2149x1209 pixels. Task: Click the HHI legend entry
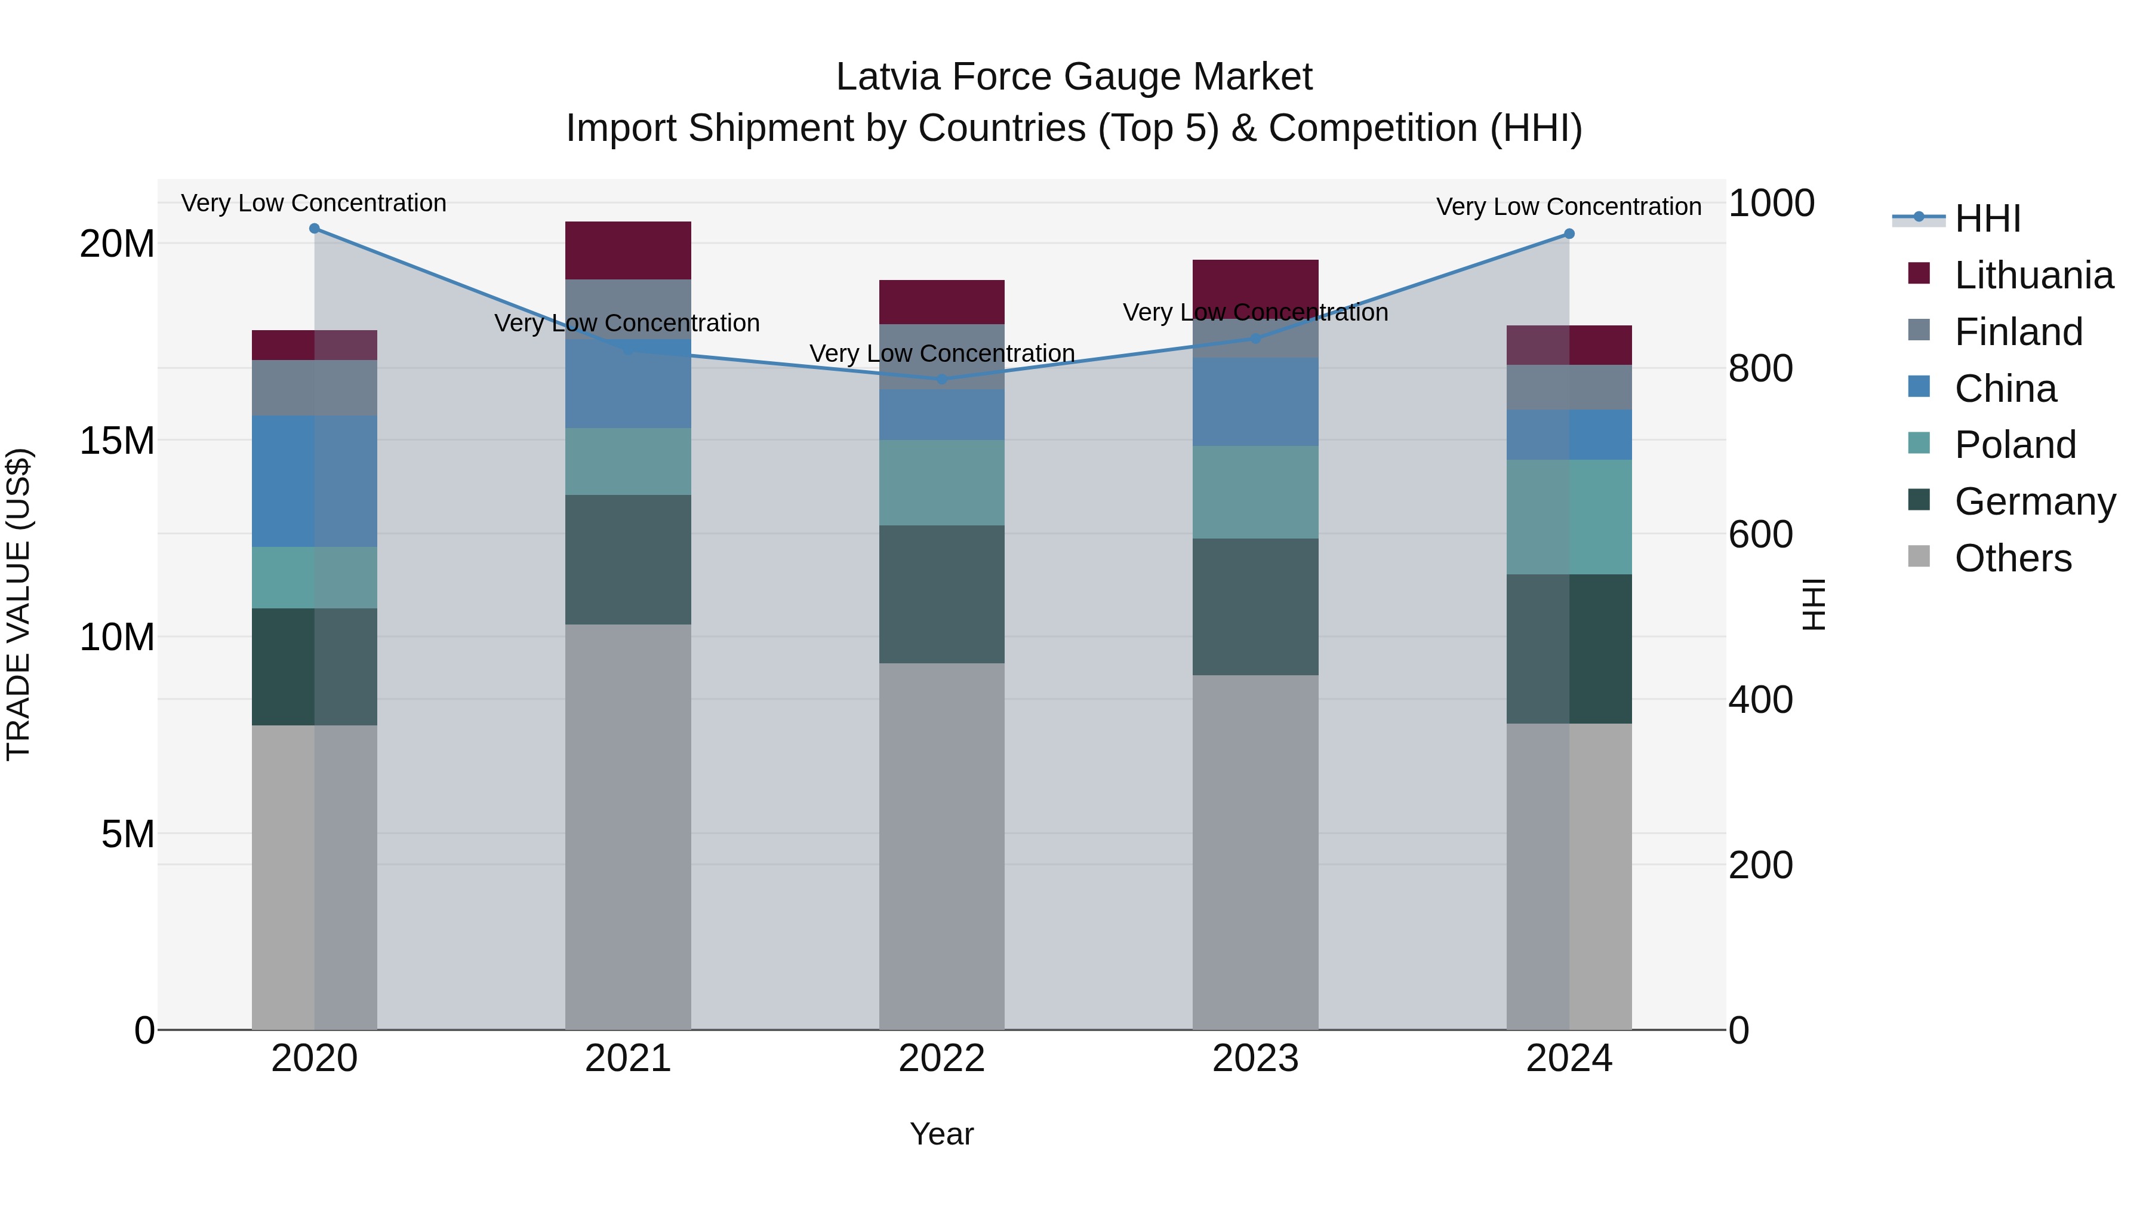(x=1986, y=219)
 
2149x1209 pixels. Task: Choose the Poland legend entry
(x=2015, y=445)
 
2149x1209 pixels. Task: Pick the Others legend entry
(x=2012, y=558)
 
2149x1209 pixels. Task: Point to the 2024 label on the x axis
(x=1568, y=1059)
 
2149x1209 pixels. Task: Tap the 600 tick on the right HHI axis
(x=1760, y=534)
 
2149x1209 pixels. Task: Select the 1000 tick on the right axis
(x=1771, y=203)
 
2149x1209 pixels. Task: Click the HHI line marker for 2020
(x=315, y=229)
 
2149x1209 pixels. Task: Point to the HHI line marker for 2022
(x=942, y=379)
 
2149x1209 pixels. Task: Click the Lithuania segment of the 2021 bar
(x=628, y=250)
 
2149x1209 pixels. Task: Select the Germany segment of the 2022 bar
(x=942, y=594)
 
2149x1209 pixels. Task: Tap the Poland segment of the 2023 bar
(x=1255, y=493)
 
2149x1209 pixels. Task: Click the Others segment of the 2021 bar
(x=628, y=826)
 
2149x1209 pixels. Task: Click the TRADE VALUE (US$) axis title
(x=19, y=604)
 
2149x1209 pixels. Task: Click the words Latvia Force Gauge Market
(x=1074, y=77)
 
